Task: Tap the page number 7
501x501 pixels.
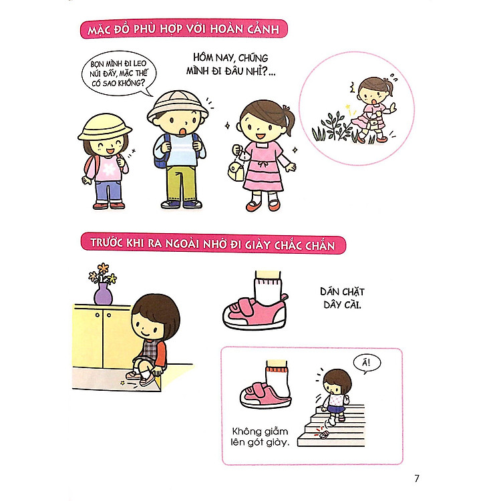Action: [417, 478]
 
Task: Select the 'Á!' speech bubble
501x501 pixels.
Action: [367, 363]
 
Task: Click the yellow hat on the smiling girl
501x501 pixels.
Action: [104, 128]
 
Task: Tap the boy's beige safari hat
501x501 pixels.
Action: [178, 108]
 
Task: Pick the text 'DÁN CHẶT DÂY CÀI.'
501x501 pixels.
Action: [342, 298]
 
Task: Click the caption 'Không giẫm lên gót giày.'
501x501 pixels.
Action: [259, 437]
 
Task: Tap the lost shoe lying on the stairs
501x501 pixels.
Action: [324, 435]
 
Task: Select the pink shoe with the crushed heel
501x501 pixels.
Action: [265, 395]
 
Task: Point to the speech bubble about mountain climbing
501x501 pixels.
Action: [118, 73]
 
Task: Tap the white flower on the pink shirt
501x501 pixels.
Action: [109, 170]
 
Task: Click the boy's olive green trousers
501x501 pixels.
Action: [182, 183]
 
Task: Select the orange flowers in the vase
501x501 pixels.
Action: [103, 273]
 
